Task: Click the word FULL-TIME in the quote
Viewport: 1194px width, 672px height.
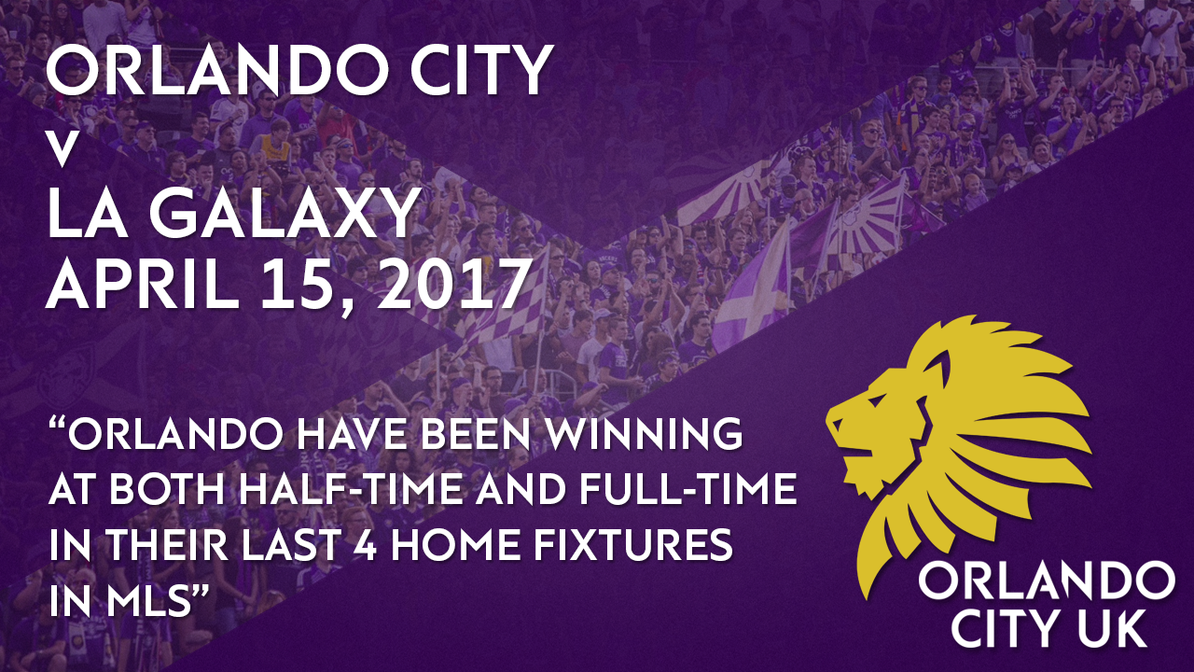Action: pos(687,489)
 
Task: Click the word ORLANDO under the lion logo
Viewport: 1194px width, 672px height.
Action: pos(1047,583)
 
